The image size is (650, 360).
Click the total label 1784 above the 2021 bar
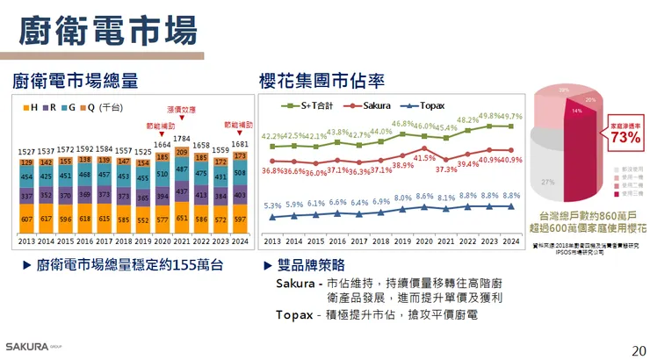click(x=182, y=138)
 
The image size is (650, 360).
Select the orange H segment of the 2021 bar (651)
click(x=182, y=217)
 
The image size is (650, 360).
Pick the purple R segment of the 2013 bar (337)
click(x=26, y=196)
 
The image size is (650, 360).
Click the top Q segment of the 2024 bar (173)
click(x=240, y=156)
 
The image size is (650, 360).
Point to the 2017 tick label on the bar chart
click(x=104, y=240)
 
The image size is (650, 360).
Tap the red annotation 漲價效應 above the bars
click(x=181, y=111)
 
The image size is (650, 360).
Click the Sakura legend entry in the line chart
click(x=363, y=105)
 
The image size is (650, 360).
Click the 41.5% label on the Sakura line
click(x=424, y=157)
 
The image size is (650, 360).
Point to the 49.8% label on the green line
click(x=491, y=116)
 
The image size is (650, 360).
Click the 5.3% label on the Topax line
click(x=272, y=205)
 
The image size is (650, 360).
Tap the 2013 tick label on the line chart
click(x=272, y=241)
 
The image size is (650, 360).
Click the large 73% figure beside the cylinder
click(x=625, y=138)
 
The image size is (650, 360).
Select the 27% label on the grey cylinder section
click(x=547, y=182)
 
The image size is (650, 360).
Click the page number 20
click(x=639, y=350)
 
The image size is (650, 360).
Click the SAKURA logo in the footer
click(x=29, y=345)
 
